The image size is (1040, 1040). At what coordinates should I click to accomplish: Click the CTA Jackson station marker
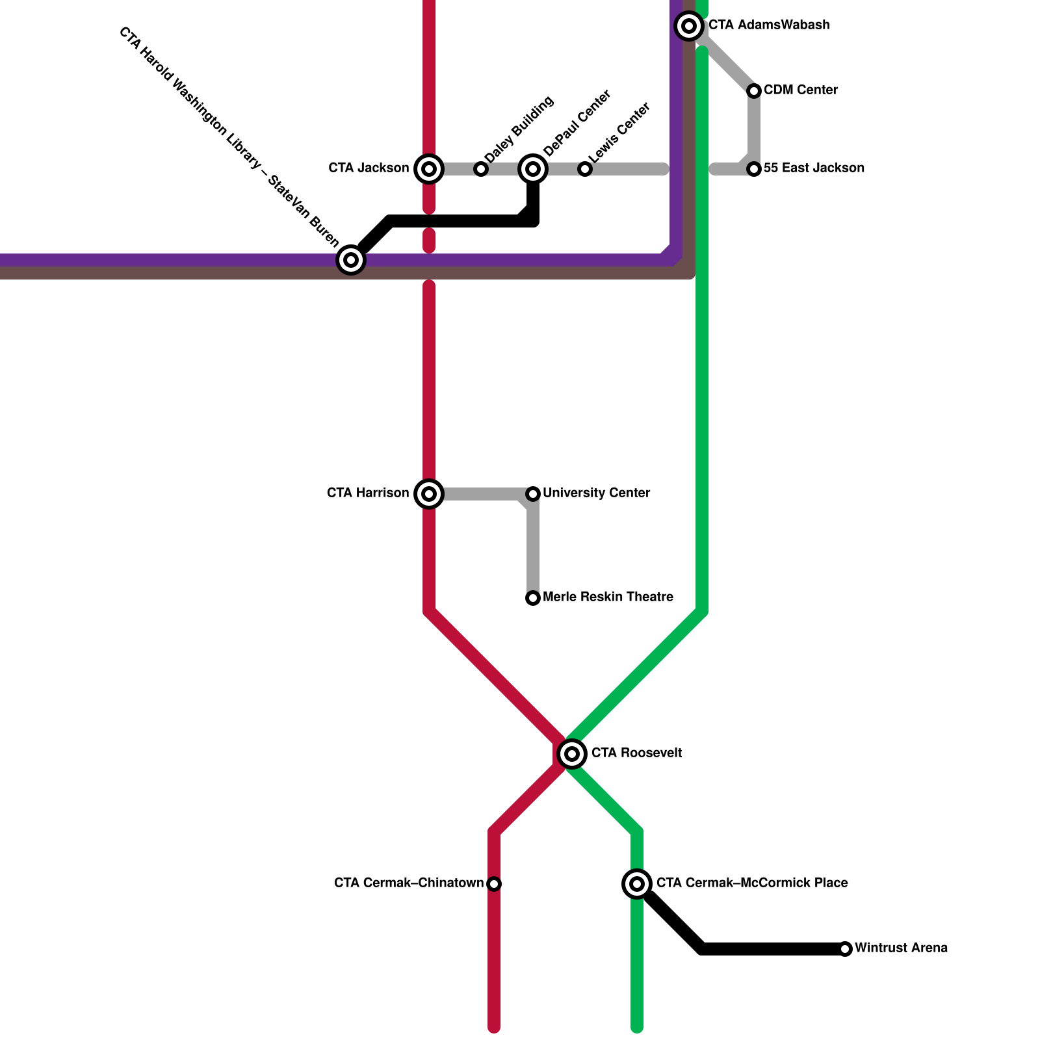[x=429, y=169]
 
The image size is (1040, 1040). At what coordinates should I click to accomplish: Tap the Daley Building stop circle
[x=481, y=169]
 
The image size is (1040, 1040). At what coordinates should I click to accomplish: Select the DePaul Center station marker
[x=533, y=169]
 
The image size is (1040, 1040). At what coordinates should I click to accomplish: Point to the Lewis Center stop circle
[x=585, y=169]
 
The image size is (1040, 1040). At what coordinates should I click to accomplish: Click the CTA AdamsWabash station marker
[x=689, y=26]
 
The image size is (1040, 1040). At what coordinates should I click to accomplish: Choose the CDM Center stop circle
[x=754, y=91]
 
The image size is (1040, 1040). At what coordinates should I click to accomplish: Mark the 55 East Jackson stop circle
[x=754, y=169]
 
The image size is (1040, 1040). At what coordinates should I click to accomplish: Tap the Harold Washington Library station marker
[x=351, y=260]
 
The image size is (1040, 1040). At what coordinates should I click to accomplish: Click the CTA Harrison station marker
[x=429, y=494]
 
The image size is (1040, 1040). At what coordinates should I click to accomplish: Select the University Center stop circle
[x=533, y=494]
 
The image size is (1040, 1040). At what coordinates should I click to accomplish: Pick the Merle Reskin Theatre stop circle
[x=533, y=598]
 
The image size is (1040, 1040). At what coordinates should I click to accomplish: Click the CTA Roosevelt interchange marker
[x=572, y=754]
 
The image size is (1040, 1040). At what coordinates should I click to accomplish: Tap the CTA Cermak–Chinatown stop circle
[x=494, y=884]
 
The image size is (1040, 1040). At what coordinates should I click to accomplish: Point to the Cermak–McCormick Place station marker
[x=637, y=884]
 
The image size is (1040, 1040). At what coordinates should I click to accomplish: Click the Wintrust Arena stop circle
[x=845, y=949]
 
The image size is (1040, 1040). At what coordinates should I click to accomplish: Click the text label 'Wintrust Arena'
[x=901, y=948]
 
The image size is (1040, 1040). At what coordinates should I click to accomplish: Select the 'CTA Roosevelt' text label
[x=636, y=753]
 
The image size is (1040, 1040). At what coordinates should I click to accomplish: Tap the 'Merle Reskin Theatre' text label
[x=608, y=597]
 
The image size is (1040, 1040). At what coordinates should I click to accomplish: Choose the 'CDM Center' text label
[x=801, y=90]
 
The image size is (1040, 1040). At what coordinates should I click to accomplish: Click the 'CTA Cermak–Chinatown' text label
[x=409, y=883]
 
